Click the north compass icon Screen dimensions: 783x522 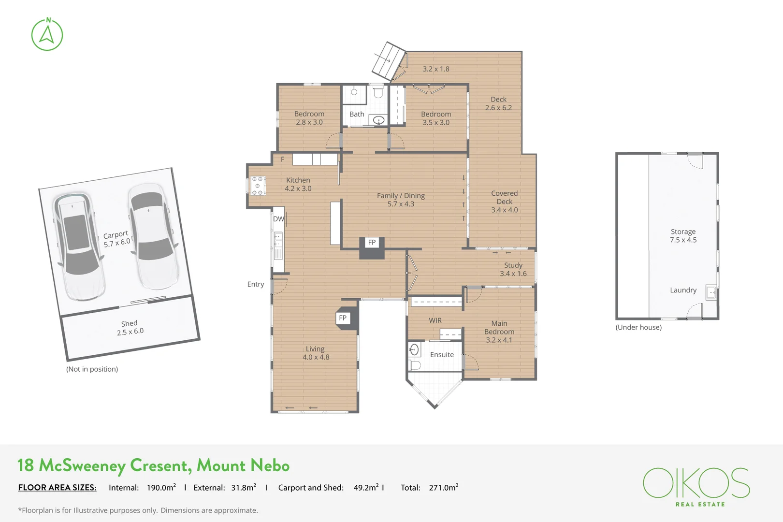click(47, 34)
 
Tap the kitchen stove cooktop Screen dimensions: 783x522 click(258, 186)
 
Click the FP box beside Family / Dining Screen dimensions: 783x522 click(372, 242)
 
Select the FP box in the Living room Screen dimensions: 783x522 click(343, 318)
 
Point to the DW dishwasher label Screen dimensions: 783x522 click(278, 219)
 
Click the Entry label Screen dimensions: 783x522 click(256, 284)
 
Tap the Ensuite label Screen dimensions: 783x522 click(442, 355)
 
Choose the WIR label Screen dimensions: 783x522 click(435, 320)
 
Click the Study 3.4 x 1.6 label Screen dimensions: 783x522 click(513, 269)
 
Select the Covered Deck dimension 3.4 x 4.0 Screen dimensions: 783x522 click(505, 210)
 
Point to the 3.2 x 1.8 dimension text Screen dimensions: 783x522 click(436, 69)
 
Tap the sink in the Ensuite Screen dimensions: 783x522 click(414, 349)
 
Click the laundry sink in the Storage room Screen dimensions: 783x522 click(711, 292)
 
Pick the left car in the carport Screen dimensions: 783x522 click(79, 246)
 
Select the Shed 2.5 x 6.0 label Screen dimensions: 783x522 click(130, 328)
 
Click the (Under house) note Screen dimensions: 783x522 click(638, 327)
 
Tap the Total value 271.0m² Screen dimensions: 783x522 click(444, 487)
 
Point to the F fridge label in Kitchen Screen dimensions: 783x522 click(282, 159)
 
